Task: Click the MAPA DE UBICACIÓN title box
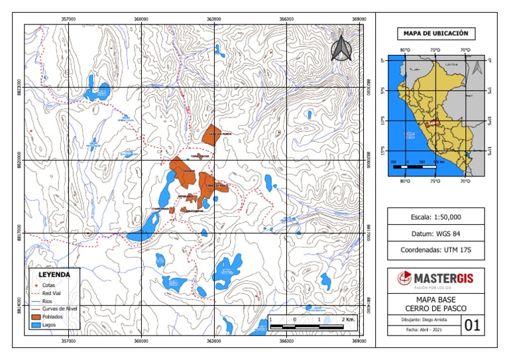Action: [435, 33]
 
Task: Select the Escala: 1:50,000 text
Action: [435, 217]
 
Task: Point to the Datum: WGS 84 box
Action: [435, 234]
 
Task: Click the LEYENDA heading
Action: [55, 273]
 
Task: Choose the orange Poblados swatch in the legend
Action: [36, 317]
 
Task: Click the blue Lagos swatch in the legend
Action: [36, 326]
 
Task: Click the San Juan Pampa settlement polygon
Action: [213, 132]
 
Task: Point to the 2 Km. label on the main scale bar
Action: [349, 320]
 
